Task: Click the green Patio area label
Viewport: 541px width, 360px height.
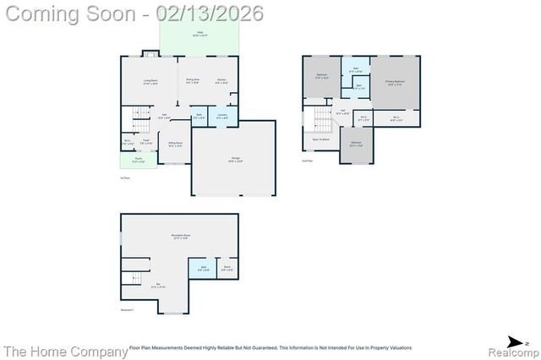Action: [x=200, y=35]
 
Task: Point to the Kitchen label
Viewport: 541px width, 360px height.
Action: [x=221, y=81]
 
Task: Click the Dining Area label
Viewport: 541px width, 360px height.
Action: [x=193, y=81]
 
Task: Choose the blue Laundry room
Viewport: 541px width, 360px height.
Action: [x=221, y=116]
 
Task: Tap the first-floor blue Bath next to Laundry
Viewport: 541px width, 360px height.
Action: [x=199, y=116]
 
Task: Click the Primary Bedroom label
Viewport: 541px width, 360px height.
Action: [x=396, y=82]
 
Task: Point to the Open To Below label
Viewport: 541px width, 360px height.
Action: [x=320, y=139]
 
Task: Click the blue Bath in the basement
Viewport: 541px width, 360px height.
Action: [x=204, y=270]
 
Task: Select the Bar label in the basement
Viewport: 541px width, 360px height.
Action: [x=158, y=285]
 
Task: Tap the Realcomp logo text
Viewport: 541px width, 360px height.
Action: [x=510, y=351]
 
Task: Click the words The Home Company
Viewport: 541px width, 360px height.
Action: [x=57, y=351]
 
